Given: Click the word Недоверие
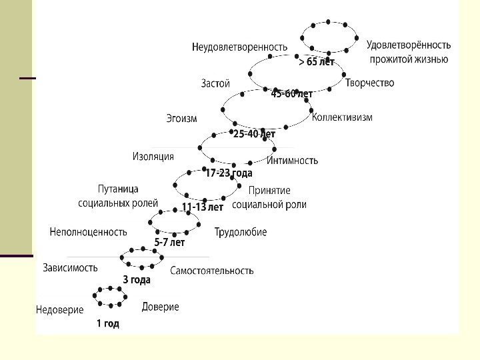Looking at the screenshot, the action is point(59,310).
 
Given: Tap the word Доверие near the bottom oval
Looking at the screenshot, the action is point(160,307).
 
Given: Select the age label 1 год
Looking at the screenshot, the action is point(108,324).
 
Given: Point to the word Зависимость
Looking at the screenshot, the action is point(70,267).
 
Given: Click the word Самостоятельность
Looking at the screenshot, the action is point(212,271).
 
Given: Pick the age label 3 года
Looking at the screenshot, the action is point(137,280).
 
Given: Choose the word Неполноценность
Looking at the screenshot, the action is point(88,232).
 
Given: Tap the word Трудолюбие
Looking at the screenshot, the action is point(241,232).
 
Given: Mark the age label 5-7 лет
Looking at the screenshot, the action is point(169,243).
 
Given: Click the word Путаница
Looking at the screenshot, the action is point(118,189).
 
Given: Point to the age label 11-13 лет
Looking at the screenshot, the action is point(203,207).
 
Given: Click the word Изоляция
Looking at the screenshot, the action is point(153,156).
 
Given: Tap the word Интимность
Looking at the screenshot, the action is point(293,160).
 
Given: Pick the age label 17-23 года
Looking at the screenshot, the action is point(229,173).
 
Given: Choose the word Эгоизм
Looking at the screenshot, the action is point(181,119).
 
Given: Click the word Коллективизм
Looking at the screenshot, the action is point(342,117).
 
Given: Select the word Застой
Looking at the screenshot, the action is point(215,83).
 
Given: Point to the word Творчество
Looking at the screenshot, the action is point(370,83).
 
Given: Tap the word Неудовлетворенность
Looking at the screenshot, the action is point(239,47).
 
